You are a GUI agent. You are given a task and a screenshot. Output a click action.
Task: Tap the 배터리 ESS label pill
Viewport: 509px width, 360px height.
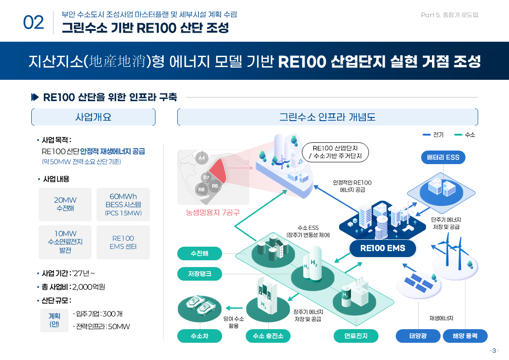point(443,157)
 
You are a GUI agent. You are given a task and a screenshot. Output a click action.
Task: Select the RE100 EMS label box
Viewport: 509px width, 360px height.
point(383,248)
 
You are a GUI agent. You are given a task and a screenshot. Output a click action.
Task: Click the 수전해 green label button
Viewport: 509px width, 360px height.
point(199,253)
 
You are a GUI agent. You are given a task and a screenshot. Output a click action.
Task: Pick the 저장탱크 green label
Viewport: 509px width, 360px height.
point(199,273)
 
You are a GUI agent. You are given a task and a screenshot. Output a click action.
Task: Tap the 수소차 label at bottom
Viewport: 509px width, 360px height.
point(199,336)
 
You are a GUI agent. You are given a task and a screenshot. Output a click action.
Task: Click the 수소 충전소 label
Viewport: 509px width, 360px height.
point(268,336)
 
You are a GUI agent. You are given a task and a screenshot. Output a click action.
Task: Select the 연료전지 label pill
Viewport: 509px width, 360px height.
point(356,336)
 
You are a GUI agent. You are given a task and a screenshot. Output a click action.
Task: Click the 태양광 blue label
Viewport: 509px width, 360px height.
point(418,336)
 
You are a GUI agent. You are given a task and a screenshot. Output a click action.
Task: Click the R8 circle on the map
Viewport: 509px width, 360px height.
point(202,189)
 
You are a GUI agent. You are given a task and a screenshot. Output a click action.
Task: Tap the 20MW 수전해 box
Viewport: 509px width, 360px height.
point(65,204)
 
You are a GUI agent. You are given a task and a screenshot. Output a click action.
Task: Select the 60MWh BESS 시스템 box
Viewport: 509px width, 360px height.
point(123,204)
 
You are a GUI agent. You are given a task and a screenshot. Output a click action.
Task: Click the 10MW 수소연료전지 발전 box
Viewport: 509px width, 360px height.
point(65,242)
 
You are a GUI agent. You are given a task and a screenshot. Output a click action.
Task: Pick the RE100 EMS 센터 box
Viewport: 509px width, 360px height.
point(123,242)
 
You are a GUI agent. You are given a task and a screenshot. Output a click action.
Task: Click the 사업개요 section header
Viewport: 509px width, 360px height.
point(93,117)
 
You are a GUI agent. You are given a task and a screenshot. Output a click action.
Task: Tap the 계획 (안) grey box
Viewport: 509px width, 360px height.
point(54,320)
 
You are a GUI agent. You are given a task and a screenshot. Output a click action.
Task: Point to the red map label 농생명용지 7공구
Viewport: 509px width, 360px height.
point(213,212)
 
